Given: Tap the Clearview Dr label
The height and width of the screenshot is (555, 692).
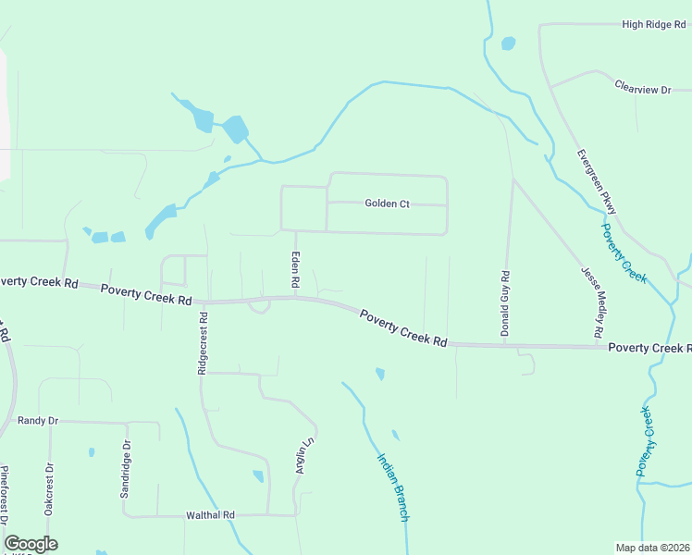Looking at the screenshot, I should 642,88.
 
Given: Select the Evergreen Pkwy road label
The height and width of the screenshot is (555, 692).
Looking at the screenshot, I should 595,182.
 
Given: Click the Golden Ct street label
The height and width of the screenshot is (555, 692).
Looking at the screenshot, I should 387,203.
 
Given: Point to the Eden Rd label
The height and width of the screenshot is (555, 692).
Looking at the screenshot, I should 296,272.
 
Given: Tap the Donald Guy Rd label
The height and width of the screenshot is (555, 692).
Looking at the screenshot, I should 505,303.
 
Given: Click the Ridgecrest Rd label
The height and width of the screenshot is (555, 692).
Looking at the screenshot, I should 203,342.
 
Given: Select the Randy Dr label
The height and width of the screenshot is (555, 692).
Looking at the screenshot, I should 38,421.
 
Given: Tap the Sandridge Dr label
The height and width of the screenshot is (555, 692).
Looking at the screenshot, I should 126,468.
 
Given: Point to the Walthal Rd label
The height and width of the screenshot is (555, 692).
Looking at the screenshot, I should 211,515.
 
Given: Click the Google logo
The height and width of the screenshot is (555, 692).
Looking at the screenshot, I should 31,544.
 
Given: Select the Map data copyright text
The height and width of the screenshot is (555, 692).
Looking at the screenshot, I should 652,548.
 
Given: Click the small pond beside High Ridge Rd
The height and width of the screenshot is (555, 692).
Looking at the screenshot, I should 508,43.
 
